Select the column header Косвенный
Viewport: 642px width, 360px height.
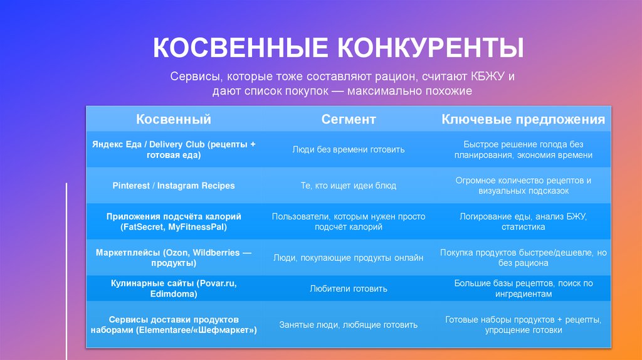coord(174,119)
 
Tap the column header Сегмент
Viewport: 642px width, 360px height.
coord(349,119)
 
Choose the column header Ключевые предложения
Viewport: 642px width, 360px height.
coord(524,119)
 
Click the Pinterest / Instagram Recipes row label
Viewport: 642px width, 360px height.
coord(174,186)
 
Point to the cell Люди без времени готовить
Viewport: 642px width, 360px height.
coord(349,149)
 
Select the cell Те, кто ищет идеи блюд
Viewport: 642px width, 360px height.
coord(349,186)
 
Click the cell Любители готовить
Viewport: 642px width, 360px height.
coord(349,289)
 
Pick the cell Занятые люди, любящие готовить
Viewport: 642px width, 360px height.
coord(349,325)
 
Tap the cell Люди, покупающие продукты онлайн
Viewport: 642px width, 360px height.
coord(349,257)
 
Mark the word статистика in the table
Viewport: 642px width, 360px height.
coord(524,226)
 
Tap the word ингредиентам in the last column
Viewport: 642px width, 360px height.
coord(524,294)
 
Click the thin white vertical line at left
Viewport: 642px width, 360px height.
coord(66,270)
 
